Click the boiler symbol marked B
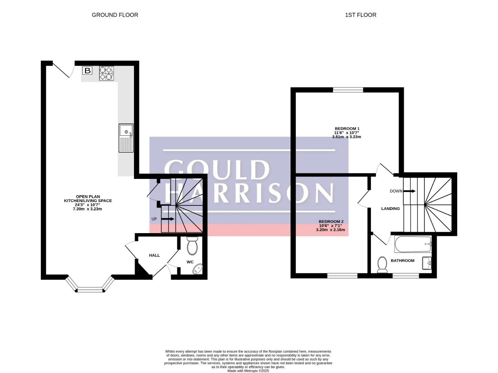tap(87, 70)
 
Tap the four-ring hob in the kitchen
tap(106, 73)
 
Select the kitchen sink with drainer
tap(126, 138)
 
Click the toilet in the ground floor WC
tap(192, 246)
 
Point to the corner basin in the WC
tap(197, 269)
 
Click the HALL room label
tap(154, 256)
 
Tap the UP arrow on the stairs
tap(168, 219)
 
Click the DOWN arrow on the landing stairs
tap(409, 191)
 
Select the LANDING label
tap(390, 209)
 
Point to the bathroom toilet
tap(382, 265)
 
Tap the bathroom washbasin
tap(427, 263)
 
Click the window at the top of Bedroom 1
tap(348, 90)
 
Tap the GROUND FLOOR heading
tap(115, 15)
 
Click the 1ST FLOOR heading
tap(361, 15)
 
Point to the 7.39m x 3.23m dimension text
tap(87, 209)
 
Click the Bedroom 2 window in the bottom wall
tap(342, 276)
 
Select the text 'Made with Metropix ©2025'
tap(248, 371)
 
